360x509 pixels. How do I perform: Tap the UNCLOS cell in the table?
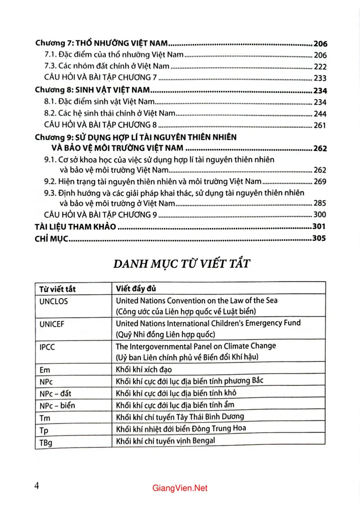click(54, 301)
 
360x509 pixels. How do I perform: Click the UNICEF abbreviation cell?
click(52, 324)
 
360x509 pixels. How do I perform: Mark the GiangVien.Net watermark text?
click(180, 489)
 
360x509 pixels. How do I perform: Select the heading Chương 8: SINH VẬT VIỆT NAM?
click(95, 91)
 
